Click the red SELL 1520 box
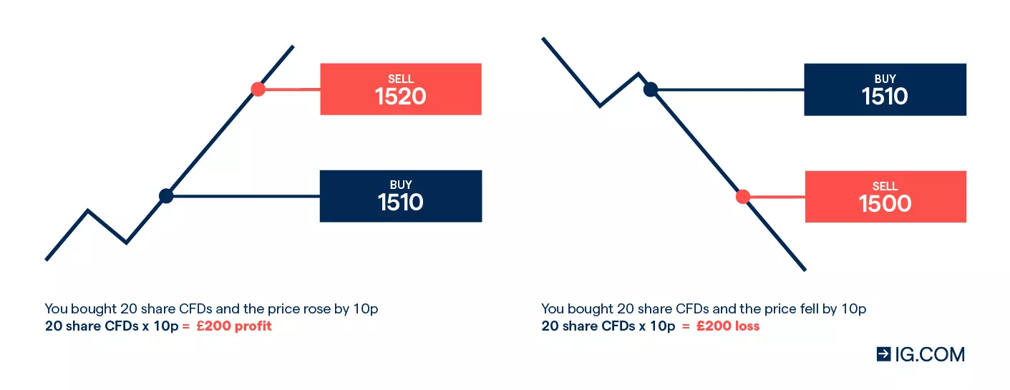(401, 89)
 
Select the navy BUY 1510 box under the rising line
(401, 196)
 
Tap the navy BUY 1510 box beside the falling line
(885, 89)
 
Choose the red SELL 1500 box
(885, 197)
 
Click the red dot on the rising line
(258, 89)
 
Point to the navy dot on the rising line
(166, 196)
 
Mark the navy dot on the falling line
(650, 89)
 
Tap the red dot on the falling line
(742, 197)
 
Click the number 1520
(400, 97)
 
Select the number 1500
(885, 204)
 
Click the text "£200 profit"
(234, 326)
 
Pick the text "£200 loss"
(728, 326)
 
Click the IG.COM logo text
(930, 354)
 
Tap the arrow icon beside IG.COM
(884, 354)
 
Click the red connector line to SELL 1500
(777, 197)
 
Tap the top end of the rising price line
(293, 46)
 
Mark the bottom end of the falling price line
(805, 270)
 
